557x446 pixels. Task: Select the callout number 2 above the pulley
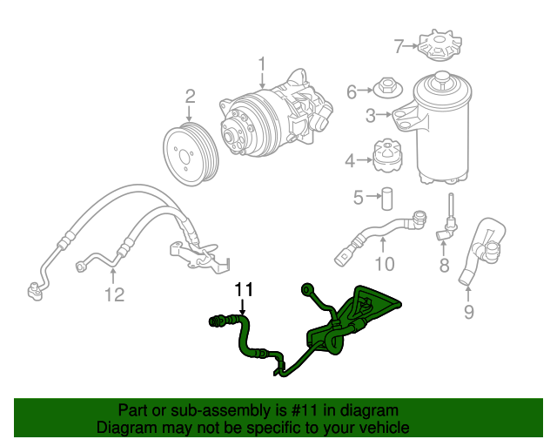tap(190, 98)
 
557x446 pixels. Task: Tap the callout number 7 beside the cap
tap(399, 45)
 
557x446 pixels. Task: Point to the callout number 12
tap(115, 294)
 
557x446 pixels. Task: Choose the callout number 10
tap(384, 264)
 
